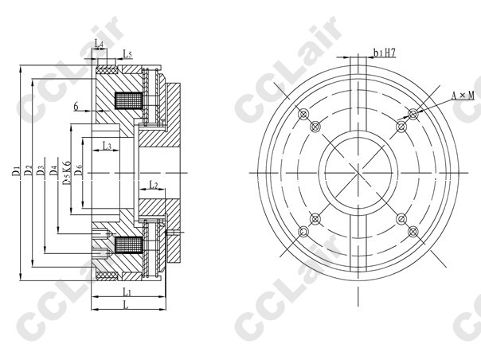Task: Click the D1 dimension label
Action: [17, 170]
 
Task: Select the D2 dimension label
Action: [29, 170]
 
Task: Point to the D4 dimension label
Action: [54, 170]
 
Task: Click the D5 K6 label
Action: [67, 173]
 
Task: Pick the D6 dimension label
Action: [79, 170]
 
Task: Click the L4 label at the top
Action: [99, 44]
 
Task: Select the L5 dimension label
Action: [127, 53]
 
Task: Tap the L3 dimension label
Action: [107, 146]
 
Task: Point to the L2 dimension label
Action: [153, 185]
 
